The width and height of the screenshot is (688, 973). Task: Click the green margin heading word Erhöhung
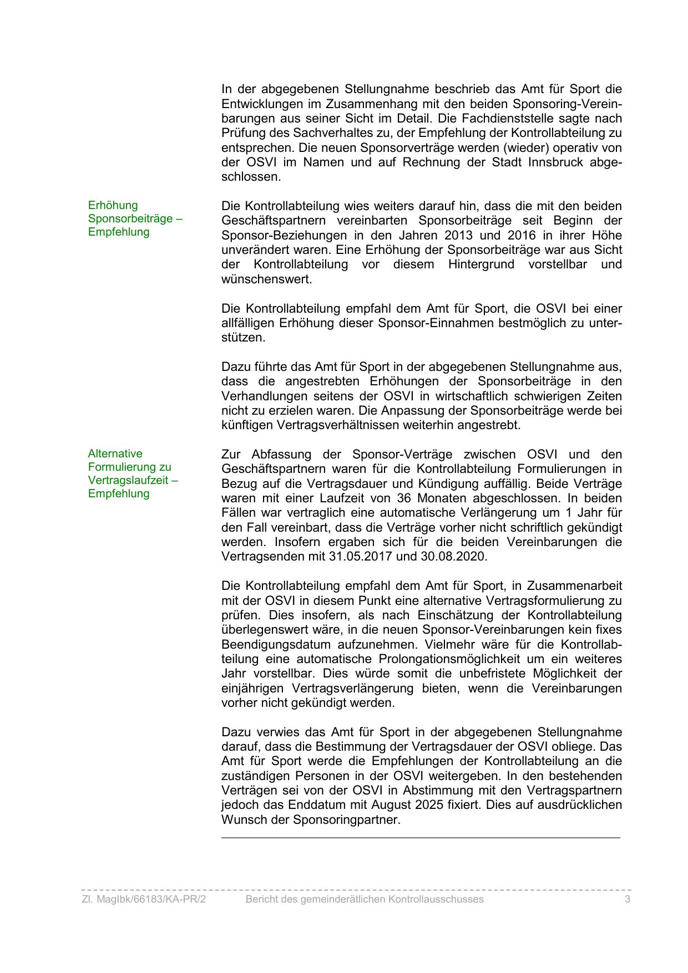click(113, 205)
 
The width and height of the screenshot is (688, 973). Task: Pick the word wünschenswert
click(266, 279)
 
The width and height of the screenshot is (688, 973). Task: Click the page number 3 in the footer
click(628, 899)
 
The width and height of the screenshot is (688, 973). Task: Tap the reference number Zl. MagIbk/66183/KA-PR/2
click(144, 899)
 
